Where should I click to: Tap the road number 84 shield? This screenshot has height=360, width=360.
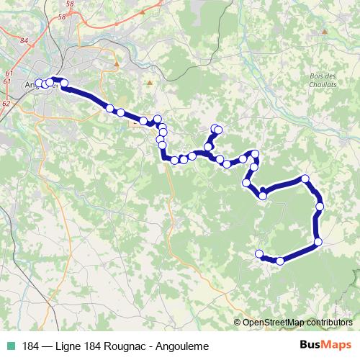[x=24, y=41]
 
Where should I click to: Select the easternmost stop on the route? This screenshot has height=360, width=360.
[x=320, y=207]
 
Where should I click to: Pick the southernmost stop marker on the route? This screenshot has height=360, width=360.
[x=279, y=261]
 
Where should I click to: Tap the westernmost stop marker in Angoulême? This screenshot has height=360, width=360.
[x=40, y=84]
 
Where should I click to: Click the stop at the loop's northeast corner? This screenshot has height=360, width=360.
[x=305, y=178]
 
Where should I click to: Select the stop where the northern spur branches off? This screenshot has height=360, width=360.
[x=209, y=147]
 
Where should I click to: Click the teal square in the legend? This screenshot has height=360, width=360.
[x=11, y=345]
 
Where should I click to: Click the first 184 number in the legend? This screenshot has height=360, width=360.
[x=31, y=345]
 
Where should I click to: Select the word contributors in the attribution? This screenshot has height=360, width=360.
[x=330, y=323]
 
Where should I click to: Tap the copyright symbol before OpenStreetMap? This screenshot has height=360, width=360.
[x=238, y=323]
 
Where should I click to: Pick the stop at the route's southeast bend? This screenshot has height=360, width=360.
[x=318, y=241]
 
